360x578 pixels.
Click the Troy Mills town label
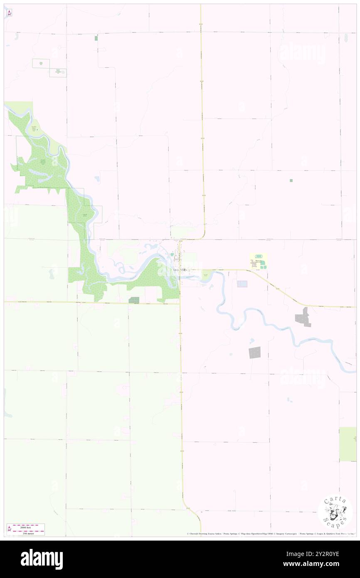coord(180,270)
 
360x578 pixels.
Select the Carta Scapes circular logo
coord(335,512)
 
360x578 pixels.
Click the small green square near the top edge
coord(96,38)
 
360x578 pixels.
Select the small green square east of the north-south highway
coord(291,180)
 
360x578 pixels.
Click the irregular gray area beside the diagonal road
coord(303,317)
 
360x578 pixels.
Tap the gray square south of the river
coord(254,352)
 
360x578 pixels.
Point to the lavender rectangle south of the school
coord(242,284)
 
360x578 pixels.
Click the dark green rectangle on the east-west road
coord(134,300)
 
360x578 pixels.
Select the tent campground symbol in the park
coord(37,130)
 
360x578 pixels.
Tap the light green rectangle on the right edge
coord(348,444)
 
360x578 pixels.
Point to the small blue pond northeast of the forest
coord(97,179)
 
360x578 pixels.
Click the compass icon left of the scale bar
coord(9,529)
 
